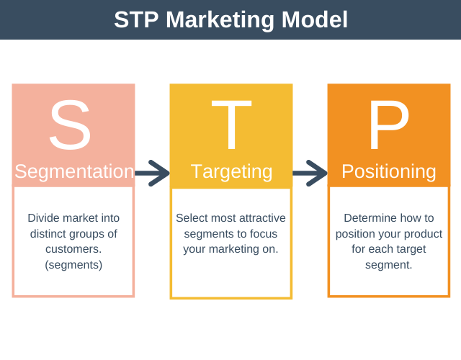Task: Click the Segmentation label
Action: pos(74,171)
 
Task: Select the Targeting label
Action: pos(231,171)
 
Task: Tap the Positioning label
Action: pos(388,171)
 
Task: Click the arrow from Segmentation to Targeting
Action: pos(152,172)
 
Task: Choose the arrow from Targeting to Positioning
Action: pos(310,172)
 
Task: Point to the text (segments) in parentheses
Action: pos(73,265)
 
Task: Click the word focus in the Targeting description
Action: pos(263,233)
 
